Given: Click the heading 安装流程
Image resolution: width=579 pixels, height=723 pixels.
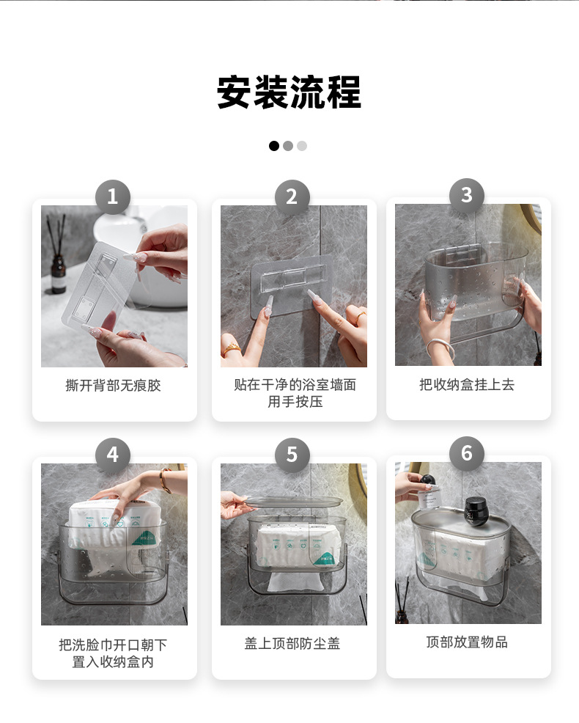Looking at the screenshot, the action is pos(289,92).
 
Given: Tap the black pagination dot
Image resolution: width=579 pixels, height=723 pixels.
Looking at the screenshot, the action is pos(274,146).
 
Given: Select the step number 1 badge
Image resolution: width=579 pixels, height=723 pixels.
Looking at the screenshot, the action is pos(112,197).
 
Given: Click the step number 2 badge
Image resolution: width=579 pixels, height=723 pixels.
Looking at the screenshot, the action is pos(292,197).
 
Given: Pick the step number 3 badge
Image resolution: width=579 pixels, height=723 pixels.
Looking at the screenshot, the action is pos(467,196).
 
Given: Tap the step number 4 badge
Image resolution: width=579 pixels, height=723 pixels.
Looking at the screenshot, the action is pos(112,455).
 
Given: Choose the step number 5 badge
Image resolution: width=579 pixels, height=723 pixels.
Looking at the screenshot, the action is pos(292,455).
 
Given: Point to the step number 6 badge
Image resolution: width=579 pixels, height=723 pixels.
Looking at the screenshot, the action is pos(467,454).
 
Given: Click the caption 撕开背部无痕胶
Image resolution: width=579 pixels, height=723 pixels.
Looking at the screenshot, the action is pos(113,386).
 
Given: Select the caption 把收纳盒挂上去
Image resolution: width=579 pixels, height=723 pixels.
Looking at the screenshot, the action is pos(467,384).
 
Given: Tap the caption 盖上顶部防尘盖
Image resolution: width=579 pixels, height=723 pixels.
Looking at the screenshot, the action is pos(292,643).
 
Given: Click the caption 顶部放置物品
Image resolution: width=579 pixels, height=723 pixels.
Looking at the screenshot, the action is pos(467,642).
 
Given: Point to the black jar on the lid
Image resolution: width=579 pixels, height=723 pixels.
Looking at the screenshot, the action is pos(476,511).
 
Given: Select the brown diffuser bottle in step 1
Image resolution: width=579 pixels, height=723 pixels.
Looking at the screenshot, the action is pos(58,275).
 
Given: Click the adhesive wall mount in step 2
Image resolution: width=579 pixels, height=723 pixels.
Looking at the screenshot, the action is pos(292,285).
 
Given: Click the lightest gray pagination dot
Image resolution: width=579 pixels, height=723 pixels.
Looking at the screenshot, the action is pos(301,146).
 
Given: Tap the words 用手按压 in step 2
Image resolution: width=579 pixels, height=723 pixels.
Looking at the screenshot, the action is pos(295,402).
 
